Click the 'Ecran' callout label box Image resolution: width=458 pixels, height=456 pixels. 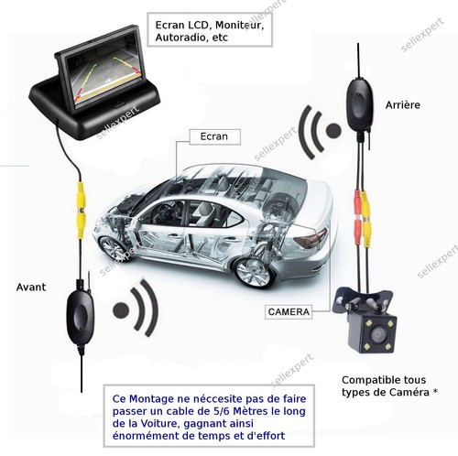[x=215, y=136]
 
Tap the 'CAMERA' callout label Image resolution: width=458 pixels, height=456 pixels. [x=289, y=312]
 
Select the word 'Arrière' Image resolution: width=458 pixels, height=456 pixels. [x=403, y=105]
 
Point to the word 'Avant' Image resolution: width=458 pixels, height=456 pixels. [x=31, y=288]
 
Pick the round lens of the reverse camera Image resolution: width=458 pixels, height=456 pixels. [x=377, y=335]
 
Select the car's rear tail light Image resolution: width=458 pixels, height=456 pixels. [x=310, y=237]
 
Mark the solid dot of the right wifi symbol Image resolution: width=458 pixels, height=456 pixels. [x=333, y=130]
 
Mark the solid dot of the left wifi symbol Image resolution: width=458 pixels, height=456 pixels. [x=121, y=310]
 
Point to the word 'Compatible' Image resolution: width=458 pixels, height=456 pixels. [x=366, y=380]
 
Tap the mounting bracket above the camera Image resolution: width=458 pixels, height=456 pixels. [x=363, y=300]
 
